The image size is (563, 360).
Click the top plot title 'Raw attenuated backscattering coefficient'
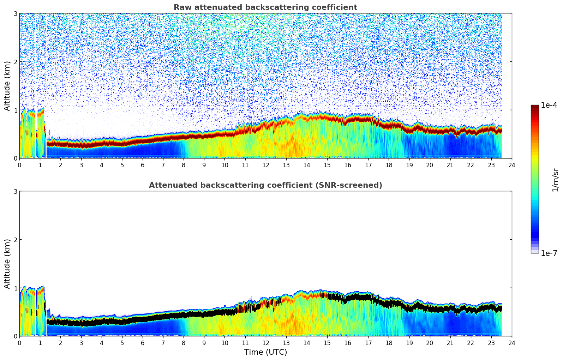265,7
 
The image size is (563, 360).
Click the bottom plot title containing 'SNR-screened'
265,185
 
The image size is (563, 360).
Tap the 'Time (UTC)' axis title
265,352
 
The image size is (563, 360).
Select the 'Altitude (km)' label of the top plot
7,86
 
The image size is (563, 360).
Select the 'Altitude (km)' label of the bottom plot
7,264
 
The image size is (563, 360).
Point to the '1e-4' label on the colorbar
549,105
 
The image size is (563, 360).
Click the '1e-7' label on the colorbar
549,253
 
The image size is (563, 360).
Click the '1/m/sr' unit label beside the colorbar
555,180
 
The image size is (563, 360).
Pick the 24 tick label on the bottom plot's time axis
512,343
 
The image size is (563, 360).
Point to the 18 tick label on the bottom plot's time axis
389,343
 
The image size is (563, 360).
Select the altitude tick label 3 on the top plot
16,13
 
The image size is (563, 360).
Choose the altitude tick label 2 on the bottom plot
16,240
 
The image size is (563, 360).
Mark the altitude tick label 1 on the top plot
16,110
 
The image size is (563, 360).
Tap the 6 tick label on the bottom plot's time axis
143,343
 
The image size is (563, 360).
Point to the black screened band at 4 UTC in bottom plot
102,322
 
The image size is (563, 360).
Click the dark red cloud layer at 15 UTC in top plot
327,118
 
